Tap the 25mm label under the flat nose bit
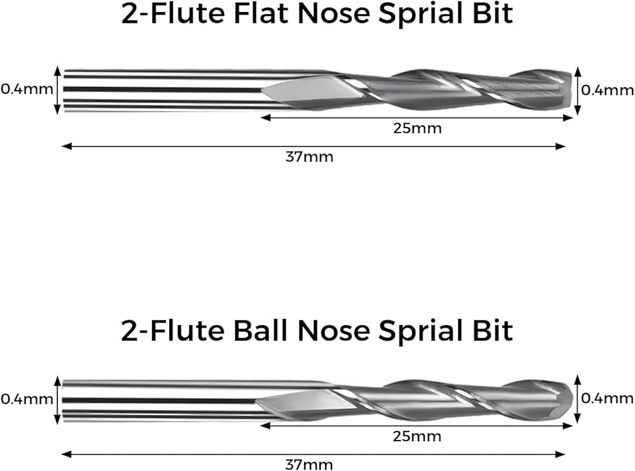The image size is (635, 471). click(x=417, y=128)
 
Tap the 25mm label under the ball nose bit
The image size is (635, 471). click(x=417, y=437)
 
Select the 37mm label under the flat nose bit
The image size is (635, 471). click(x=309, y=157)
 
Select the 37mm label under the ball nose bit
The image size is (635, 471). click(x=309, y=465)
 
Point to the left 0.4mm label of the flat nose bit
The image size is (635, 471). click(x=27, y=89)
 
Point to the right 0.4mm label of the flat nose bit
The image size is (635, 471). click(x=608, y=90)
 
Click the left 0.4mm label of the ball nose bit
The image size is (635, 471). click(x=27, y=399)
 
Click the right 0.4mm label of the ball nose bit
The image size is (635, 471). click(x=608, y=398)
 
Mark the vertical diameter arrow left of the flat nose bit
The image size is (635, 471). click(x=58, y=89)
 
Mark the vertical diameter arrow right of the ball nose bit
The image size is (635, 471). click(x=577, y=398)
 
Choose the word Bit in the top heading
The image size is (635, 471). click(x=493, y=15)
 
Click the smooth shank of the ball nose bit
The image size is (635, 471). click(x=159, y=399)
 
